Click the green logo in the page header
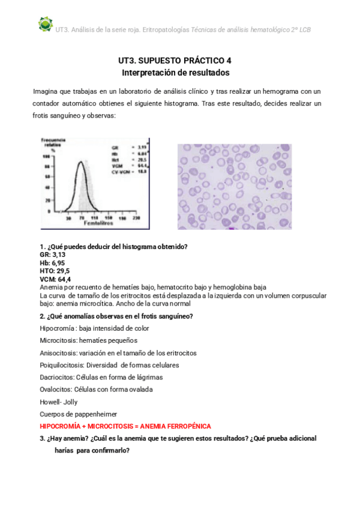pos(45,24)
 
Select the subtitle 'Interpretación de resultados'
pos(175,73)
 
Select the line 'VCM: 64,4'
pos(55,279)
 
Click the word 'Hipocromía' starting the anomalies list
pos(56,328)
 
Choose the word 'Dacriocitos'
pos(57,377)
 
